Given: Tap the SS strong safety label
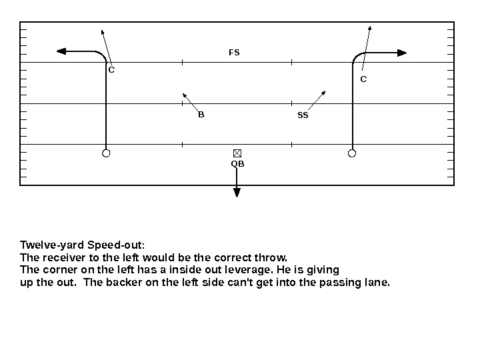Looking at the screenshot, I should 303,115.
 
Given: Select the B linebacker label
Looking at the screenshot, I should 201,114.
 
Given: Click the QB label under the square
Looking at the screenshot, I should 237,163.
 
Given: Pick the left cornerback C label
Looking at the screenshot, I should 111,69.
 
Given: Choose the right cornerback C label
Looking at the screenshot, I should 363,79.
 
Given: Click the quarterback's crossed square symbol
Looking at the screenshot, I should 237,153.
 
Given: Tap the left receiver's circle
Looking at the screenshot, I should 106,153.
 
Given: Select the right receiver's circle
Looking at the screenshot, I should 352,153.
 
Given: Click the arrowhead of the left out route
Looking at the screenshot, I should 61,51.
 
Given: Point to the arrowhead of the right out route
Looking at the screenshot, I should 402,52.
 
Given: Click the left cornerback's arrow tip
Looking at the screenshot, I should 102,30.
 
